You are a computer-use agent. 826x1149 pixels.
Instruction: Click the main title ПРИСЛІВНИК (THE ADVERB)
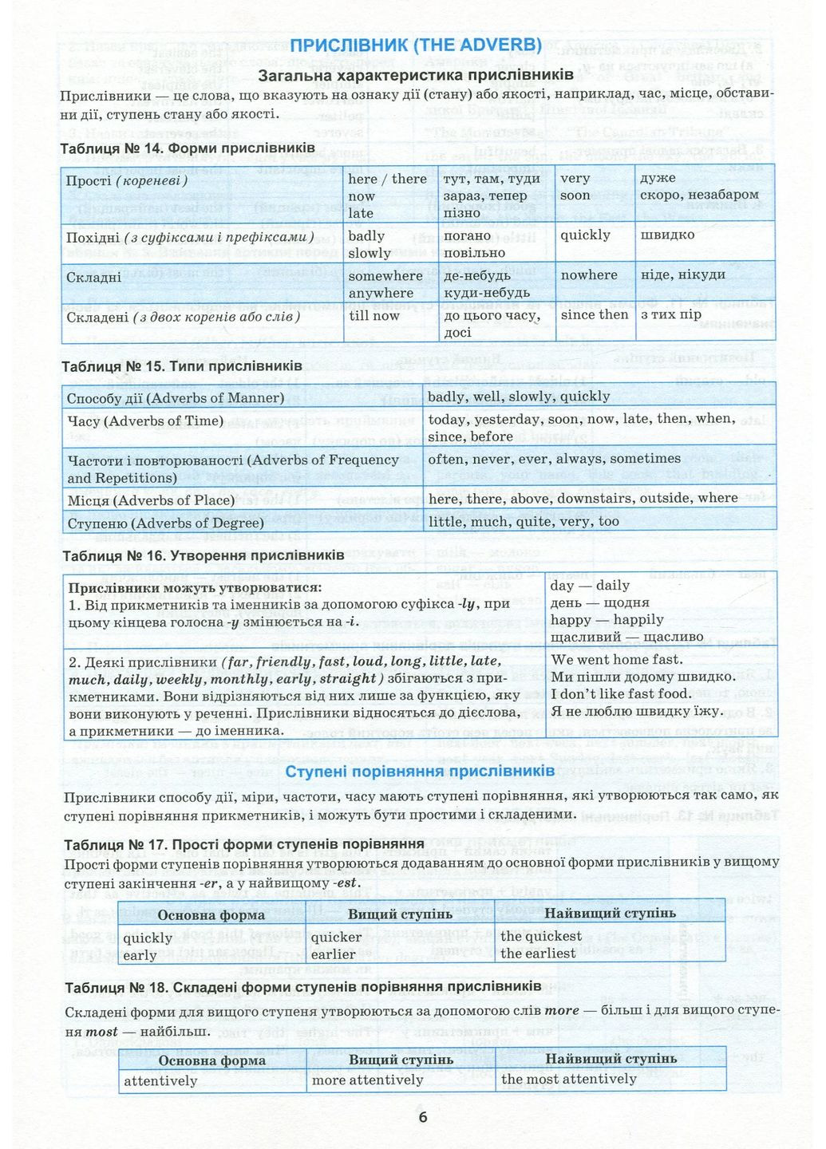coord(415,45)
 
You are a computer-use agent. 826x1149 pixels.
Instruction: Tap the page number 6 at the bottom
coord(423,1116)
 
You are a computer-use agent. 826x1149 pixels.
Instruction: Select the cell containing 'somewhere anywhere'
coord(385,284)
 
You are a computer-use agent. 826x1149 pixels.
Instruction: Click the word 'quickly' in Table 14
coord(585,235)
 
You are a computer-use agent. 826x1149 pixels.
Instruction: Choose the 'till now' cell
coord(373,315)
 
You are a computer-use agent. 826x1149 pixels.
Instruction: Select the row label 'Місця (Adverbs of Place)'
coord(152,500)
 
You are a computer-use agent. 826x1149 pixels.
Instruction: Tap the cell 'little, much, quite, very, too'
coord(524,521)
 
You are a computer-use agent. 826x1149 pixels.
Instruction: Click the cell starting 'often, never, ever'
coord(554,459)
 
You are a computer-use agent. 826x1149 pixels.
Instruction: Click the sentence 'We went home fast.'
coord(617,659)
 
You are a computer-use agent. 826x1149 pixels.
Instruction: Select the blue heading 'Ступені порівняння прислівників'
coord(420,772)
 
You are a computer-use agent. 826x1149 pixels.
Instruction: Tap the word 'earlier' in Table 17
coord(333,954)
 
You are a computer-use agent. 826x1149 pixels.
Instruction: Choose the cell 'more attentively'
coord(367,1080)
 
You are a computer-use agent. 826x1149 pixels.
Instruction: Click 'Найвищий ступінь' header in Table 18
coord(611,1059)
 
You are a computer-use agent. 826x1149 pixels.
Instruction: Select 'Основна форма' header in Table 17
coord(211,915)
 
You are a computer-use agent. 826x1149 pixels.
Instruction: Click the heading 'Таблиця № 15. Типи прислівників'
coord(182,366)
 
